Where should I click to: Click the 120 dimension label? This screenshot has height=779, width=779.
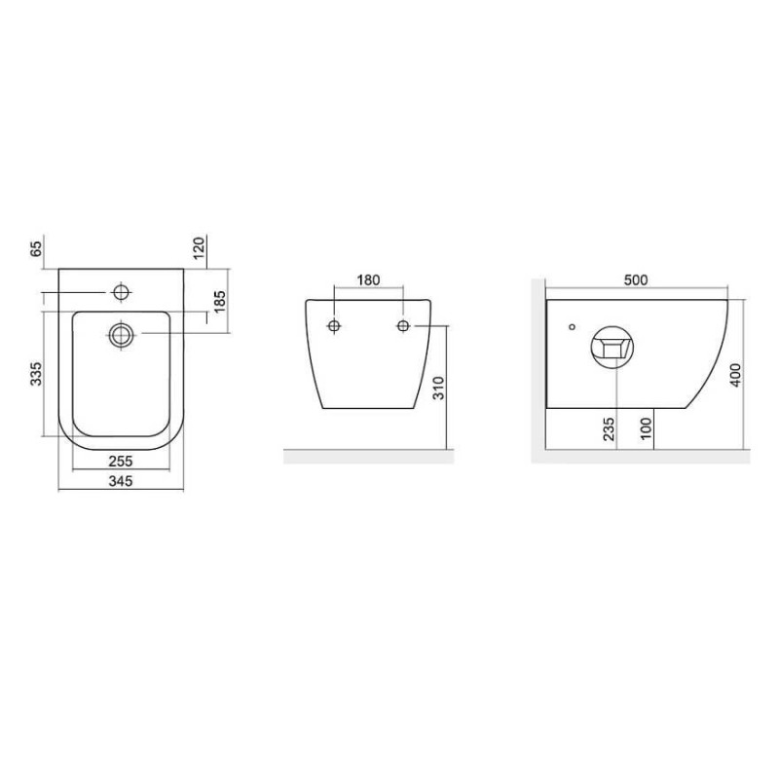[199, 248]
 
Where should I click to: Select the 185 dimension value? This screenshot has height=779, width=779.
[219, 302]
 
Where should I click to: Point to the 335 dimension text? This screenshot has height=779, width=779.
[36, 374]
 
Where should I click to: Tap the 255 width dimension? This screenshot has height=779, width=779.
[121, 462]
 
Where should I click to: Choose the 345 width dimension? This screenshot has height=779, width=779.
[121, 481]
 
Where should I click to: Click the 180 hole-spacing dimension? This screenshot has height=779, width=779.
[369, 280]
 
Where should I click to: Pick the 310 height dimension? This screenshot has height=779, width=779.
[439, 388]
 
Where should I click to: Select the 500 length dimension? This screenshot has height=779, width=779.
[636, 280]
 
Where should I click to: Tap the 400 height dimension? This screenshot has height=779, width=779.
[736, 375]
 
